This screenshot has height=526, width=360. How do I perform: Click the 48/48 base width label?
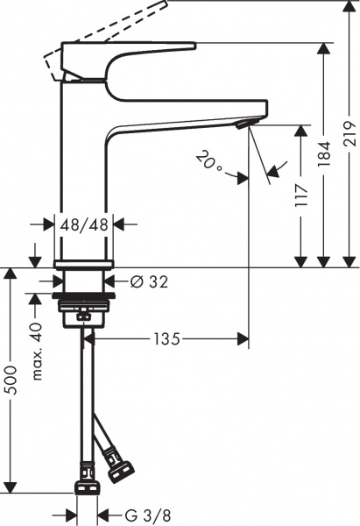pos(84,224)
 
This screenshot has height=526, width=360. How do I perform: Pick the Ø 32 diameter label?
pos(148,282)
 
